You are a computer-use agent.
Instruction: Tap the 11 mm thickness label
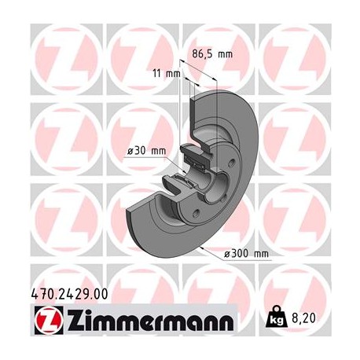pos(167,73)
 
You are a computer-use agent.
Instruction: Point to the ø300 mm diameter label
pos(246,253)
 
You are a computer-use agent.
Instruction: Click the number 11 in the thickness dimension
pos(158,73)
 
